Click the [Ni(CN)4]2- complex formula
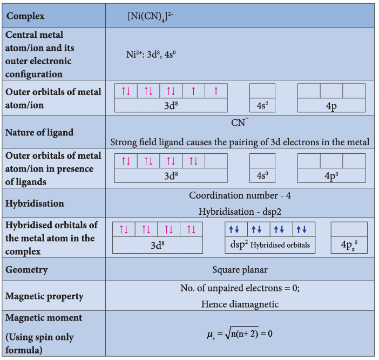150,16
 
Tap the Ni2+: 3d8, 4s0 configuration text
151,55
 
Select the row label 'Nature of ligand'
39,132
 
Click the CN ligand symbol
240,123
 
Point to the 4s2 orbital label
262,106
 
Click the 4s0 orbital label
262,175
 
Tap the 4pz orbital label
349,245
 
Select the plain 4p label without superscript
331,106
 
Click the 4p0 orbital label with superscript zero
331,175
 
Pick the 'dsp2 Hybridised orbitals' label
270,244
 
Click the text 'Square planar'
240,270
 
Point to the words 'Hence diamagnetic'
240,304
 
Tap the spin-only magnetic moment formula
240,334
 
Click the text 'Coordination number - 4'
240,195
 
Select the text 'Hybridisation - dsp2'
240,212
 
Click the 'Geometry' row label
26,270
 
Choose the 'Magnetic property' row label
44,296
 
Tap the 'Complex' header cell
25,16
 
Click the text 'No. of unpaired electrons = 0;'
240,288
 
